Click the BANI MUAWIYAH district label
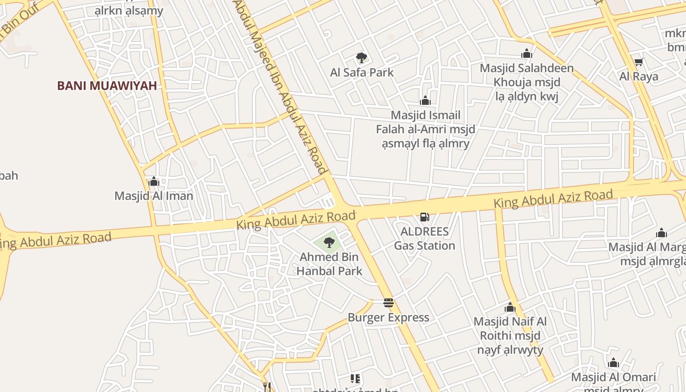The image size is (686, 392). pos(107,86)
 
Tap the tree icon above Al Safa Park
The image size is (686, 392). pos(362,58)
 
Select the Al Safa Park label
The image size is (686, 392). pos(362,73)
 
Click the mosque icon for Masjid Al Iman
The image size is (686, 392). pos(154,182)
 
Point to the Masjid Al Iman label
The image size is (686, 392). pos(154,196)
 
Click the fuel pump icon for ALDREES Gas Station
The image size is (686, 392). pos(425,217)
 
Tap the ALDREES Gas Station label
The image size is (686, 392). pos(425,238)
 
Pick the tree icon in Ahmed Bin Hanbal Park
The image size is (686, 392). pos(329,242)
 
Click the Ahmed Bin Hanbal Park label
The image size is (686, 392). pos(329,264)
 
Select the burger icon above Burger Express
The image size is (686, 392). pos(389,303)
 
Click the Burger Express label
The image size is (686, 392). pos(389,318)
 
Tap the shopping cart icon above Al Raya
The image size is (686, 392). pos(638,62)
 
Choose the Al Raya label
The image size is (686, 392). pos(638,76)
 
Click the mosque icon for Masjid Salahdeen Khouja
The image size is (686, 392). pos(527,53)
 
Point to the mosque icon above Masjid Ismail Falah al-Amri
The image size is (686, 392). pos(425,100)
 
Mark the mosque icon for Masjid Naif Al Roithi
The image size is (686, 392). pos(510,308)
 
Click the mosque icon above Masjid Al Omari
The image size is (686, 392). pos(613,363)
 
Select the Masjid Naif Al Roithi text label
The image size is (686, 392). pos(510,336)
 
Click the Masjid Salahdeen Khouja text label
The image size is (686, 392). pos(527,82)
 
